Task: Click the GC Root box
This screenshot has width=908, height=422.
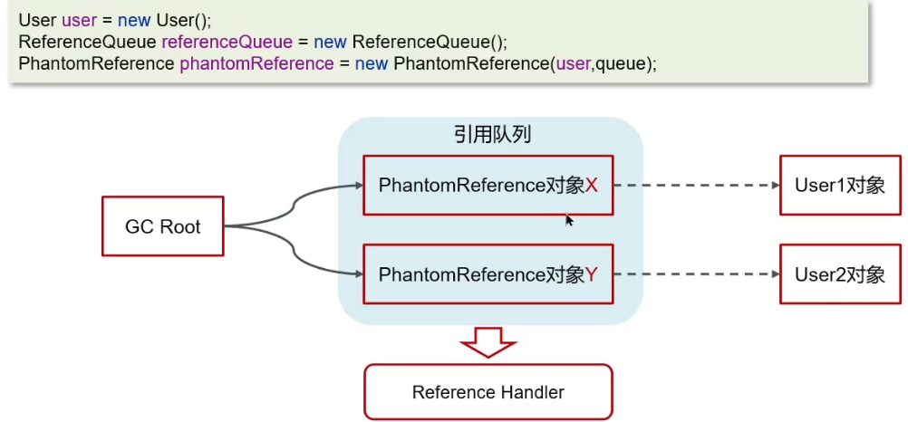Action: [162, 225]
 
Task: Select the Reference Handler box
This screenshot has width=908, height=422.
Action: [488, 392]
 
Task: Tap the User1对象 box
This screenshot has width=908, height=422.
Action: [839, 185]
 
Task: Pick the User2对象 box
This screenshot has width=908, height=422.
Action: [839, 274]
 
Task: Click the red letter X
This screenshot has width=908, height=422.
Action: [592, 186]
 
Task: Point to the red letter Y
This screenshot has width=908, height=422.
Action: [592, 274]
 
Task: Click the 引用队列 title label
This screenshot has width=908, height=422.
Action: [492, 135]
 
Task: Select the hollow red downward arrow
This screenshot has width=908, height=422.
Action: [488, 343]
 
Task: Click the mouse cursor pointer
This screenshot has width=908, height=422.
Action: [569, 219]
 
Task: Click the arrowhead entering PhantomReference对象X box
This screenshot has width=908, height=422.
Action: [356, 187]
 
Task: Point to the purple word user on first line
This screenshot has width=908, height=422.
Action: [80, 20]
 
